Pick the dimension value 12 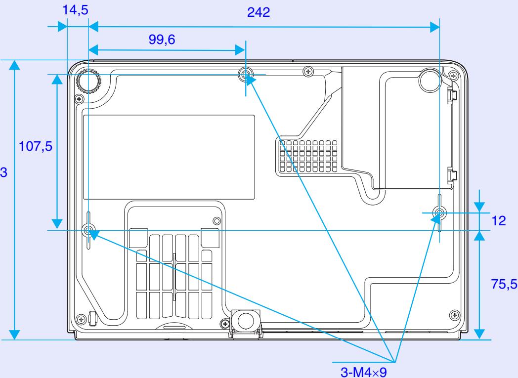point(499,221)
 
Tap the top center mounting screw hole point(246,75)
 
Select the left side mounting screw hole point(89,230)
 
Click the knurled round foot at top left point(89,81)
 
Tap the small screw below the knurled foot point(78,99)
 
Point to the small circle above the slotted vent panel point(216,220)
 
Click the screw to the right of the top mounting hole point(308,71)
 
